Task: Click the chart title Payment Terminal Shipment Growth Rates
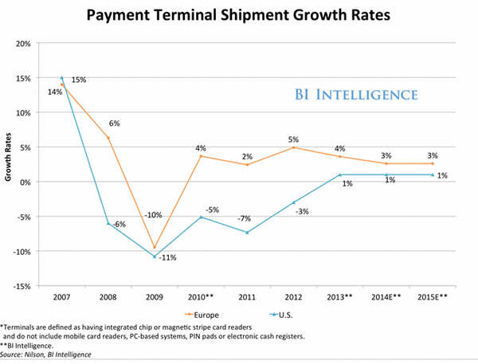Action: coord(238,15)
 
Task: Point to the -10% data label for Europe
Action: coord(155,215)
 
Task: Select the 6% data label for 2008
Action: coord(114,123)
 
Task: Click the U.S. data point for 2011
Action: coord(247,233)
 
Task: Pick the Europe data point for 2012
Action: coord(293,147)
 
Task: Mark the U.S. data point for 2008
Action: coord(108,224)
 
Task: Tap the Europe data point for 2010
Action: coord(201,156)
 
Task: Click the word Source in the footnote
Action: coord(14,356)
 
